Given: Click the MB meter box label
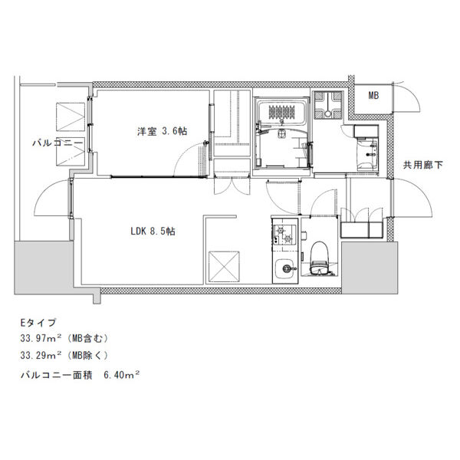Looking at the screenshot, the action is tap(373, 95).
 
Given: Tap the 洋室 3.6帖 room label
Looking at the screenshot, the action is tap(162, 131).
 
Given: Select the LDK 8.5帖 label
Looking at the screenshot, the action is tap(153, 232).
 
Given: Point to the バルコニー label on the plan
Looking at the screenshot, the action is tap(58, 143).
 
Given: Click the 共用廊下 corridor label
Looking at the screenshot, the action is tap(422, 165).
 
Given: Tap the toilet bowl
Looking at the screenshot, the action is tap(319, 258).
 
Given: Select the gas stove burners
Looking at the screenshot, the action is tap(284, 235).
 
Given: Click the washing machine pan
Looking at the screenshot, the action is tap(328, 105).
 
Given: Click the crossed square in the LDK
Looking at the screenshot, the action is tap(224, 266).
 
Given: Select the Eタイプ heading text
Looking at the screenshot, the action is tap(38, 323).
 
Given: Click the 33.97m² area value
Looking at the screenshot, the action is tap(41, 339).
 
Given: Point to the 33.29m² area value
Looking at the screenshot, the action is tap(41, 356).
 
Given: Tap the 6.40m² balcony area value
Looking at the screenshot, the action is tap(121, 375).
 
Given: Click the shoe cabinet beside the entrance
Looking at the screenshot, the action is tap(362, 230).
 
